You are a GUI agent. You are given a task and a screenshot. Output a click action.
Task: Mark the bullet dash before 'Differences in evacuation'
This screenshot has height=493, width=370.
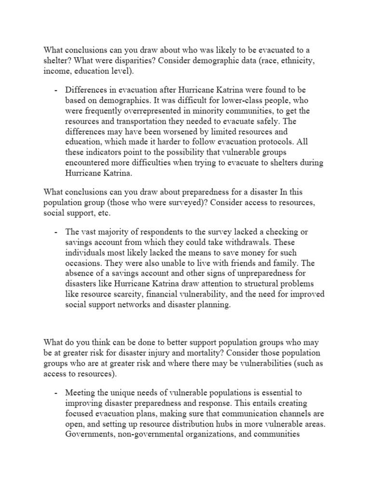pyautogui.click(x=56, y=91)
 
